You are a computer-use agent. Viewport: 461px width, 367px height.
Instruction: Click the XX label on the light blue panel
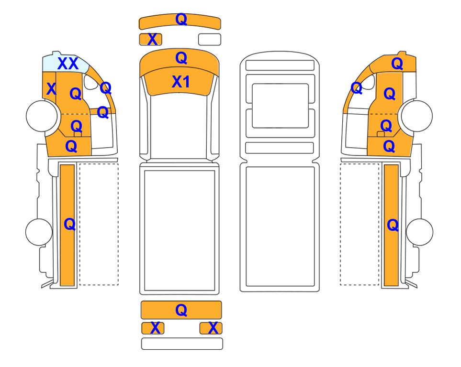[x=68, y=64]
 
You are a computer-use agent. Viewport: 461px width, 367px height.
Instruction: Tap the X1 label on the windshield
[x=180, y=82]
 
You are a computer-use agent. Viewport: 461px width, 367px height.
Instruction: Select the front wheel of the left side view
[x=42, y=115]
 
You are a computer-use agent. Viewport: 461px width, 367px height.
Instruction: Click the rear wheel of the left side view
[x=39, y=232]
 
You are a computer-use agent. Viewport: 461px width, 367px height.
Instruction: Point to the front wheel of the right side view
[x=417, y=116]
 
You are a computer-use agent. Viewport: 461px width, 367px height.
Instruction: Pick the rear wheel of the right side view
[x=419, y=232]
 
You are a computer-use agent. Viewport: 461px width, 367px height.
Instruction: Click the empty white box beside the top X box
[x=210, y=39]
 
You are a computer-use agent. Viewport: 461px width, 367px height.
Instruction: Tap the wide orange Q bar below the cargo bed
[x=181, y=310]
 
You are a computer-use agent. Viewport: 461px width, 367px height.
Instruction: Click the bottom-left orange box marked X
[x=153, y=328]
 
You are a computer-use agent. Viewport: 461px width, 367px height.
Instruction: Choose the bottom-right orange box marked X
[x=211, y=328]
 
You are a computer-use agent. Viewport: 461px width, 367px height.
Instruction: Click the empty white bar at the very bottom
[x=182, y=344]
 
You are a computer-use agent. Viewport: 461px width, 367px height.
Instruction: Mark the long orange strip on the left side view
[x=67, y=225]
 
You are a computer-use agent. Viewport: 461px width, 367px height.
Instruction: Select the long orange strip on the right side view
[x=391, y=225]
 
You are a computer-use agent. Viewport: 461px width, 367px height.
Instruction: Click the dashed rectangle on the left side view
[x=99, y=224]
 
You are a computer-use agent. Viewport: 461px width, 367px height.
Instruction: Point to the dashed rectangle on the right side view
[x=360, y=224]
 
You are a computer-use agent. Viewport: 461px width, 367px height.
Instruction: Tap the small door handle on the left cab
[x=78, y=134]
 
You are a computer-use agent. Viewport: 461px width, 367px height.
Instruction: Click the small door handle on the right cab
[x=381, y=134]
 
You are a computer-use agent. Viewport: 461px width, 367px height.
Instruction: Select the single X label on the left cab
[x=51, y=88]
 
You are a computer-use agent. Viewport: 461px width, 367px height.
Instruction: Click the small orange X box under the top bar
[x=150, y=39]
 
